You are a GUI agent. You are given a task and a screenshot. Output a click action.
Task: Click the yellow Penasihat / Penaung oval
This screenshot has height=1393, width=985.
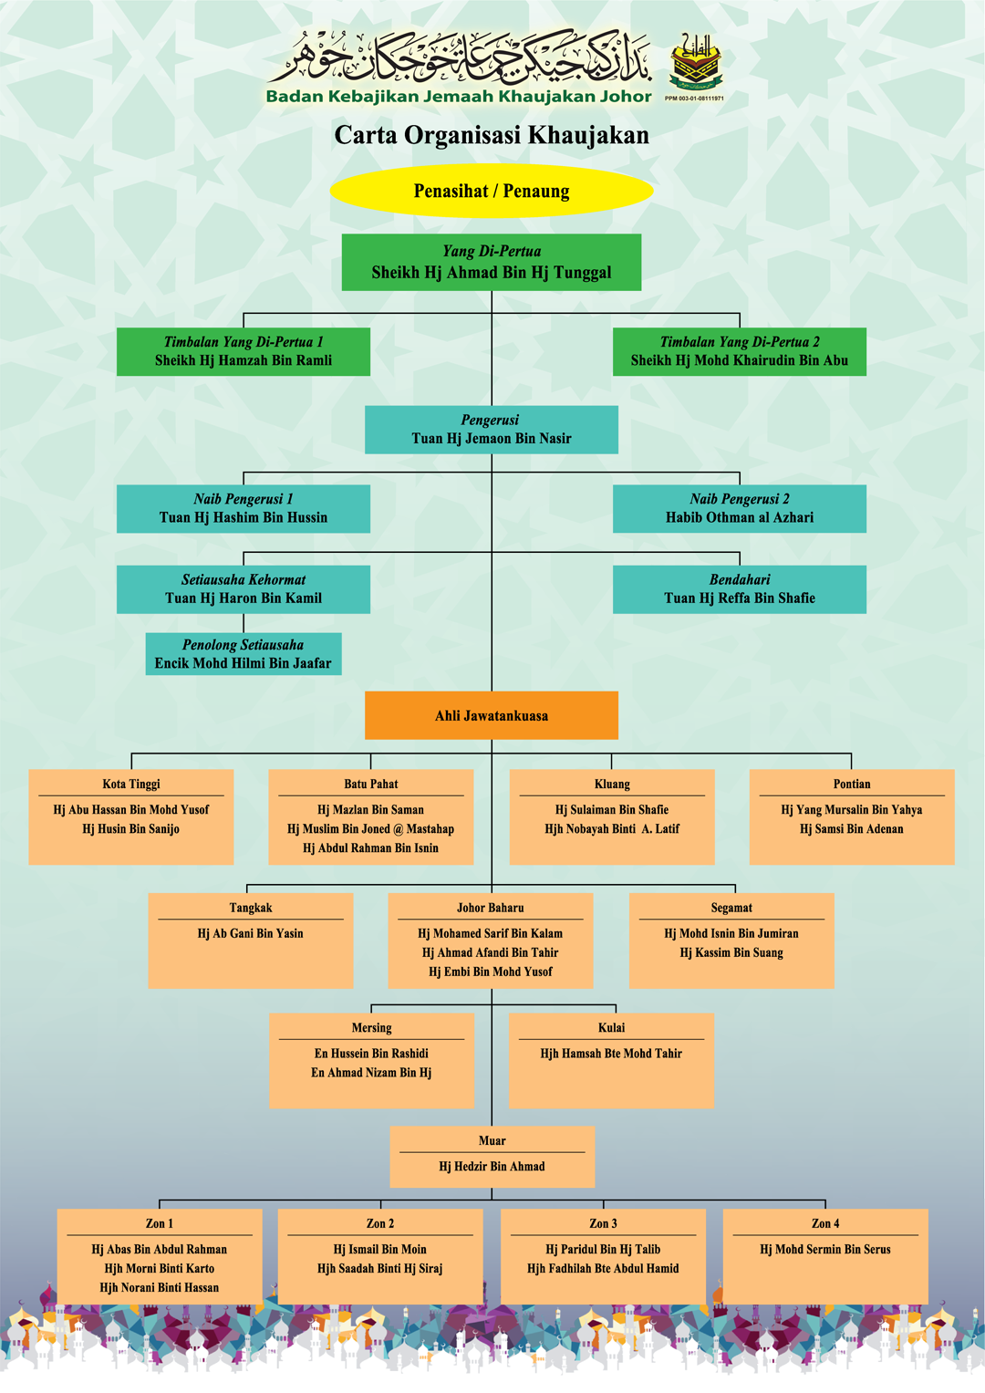[x=492, y=192]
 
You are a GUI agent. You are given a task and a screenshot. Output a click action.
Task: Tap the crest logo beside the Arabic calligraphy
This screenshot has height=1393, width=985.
[x=696, y=63]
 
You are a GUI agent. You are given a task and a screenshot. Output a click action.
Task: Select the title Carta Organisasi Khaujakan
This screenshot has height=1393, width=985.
[x=492, y=135]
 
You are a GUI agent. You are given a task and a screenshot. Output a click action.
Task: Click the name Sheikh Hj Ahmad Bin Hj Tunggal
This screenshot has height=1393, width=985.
[x=492, y=273]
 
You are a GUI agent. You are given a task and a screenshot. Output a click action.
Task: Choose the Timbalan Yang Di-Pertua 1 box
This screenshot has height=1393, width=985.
[x=244, y=351]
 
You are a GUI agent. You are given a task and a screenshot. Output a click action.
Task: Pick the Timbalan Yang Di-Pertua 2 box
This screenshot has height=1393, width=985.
[x=740, y=351]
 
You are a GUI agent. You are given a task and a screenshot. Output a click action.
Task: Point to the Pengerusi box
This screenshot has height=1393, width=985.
[x=492, y=430]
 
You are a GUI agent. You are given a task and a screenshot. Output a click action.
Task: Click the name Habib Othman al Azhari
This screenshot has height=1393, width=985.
[x=740, y=517]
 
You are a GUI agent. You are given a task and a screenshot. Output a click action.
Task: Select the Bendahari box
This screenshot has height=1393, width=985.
[x=740, y=589]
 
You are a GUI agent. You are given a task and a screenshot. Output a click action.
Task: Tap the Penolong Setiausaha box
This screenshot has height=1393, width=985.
[x=244, y=654]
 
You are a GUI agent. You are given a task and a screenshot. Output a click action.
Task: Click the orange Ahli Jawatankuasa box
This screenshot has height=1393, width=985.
[x=492, y=715]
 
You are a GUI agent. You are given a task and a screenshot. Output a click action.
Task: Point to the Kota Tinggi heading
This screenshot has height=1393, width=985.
[x=131, y=784]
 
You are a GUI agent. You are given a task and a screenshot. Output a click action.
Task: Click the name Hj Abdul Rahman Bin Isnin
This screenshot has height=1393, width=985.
[x=371, y=848]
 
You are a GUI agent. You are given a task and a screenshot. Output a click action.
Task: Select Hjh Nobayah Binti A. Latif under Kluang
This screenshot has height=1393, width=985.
[x=612, y=829]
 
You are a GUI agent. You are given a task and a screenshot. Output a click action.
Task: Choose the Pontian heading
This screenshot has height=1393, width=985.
[x=852, y=784]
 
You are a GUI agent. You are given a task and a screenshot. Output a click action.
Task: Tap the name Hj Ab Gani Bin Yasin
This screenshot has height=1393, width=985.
[x=251, y=933]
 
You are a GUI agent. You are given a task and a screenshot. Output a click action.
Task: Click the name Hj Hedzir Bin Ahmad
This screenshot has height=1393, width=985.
[x=493, y=1167]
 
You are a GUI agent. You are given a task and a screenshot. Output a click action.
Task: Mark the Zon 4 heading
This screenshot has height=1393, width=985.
[x=825, y=1223]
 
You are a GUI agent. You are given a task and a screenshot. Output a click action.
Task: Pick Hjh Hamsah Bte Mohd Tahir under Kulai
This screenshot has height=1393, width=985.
[x=611, y=1054]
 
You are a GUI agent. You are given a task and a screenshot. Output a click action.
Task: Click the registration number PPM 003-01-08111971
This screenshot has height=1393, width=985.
[x=695, y=99]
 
